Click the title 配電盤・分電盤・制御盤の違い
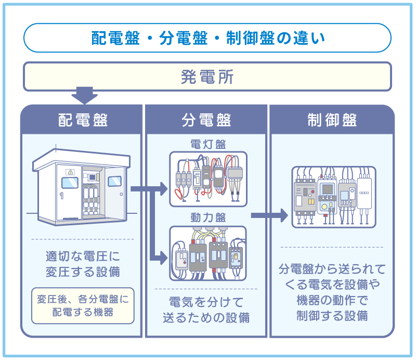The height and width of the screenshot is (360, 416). click(x=207, y=38)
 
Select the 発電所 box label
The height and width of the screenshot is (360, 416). click(x=207, y=78)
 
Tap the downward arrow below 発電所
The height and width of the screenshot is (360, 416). click(x=84, y=96)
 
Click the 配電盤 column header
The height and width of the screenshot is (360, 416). click(x=82, y=120)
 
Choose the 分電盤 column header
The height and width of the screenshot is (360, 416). click(x=206, y=120)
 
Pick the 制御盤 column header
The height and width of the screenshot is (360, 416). click(x=332, y=120)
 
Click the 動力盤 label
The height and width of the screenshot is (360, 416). click(x=207, y=218)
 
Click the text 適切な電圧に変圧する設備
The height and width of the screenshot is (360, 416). click(x=82, y=264)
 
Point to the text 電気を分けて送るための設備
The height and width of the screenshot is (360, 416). click(x=206, y=310)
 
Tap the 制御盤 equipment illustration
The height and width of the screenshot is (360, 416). click(x=333, y=197)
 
